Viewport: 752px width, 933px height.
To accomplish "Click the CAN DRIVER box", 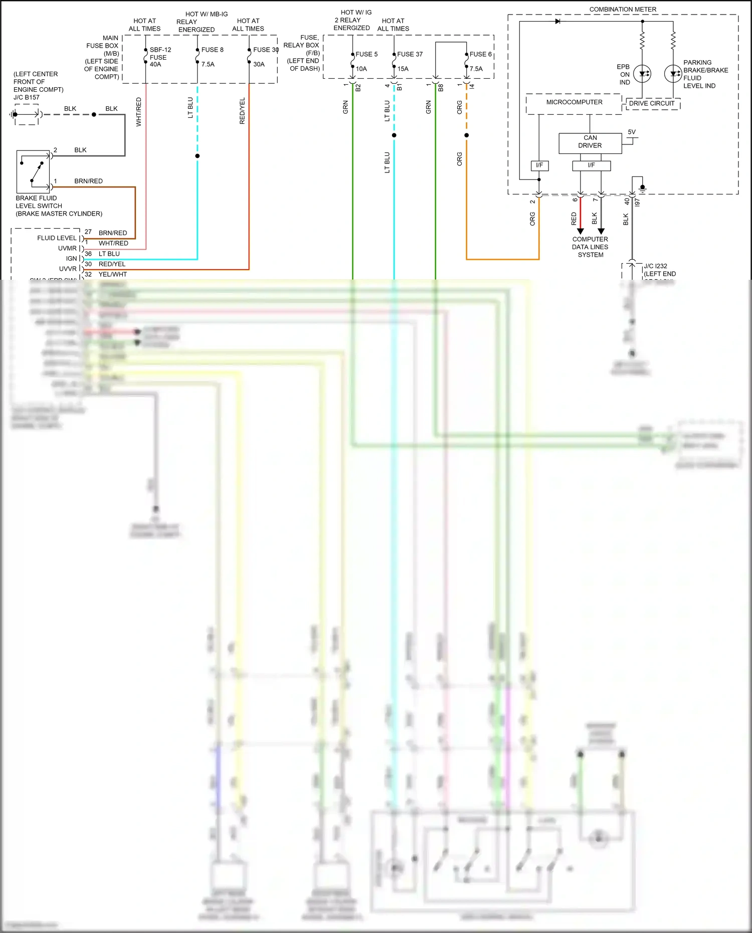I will click(590, 142).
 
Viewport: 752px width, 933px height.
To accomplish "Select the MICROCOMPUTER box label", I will click(574, 102).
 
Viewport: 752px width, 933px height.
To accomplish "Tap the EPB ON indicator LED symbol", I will click(642, 74).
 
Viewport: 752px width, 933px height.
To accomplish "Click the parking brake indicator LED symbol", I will click(673, 74).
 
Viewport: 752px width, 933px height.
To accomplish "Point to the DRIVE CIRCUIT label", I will click(652, 104).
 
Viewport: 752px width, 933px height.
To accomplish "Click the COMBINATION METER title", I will click(623, 10).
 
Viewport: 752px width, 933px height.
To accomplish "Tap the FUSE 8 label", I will click(212, 50).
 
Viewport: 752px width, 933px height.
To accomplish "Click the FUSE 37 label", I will click(410, 54).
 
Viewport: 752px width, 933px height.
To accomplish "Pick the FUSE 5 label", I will click(366, 54).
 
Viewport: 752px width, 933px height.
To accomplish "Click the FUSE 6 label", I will click(480, 54).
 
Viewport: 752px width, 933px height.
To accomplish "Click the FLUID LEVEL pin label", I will click(57, 238).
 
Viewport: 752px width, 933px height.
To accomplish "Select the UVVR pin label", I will click(68, 269).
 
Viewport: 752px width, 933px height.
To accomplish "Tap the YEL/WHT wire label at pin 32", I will click(112, 274).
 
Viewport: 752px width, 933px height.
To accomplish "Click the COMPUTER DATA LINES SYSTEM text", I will click(590, 247).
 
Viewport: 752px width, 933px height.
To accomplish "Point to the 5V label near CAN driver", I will click(632, 132).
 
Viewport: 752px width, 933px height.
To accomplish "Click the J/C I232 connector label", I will click(655, 266).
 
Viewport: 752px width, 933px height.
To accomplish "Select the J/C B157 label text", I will click(27, 97).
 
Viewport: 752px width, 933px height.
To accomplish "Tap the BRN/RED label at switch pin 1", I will click(88, 181).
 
